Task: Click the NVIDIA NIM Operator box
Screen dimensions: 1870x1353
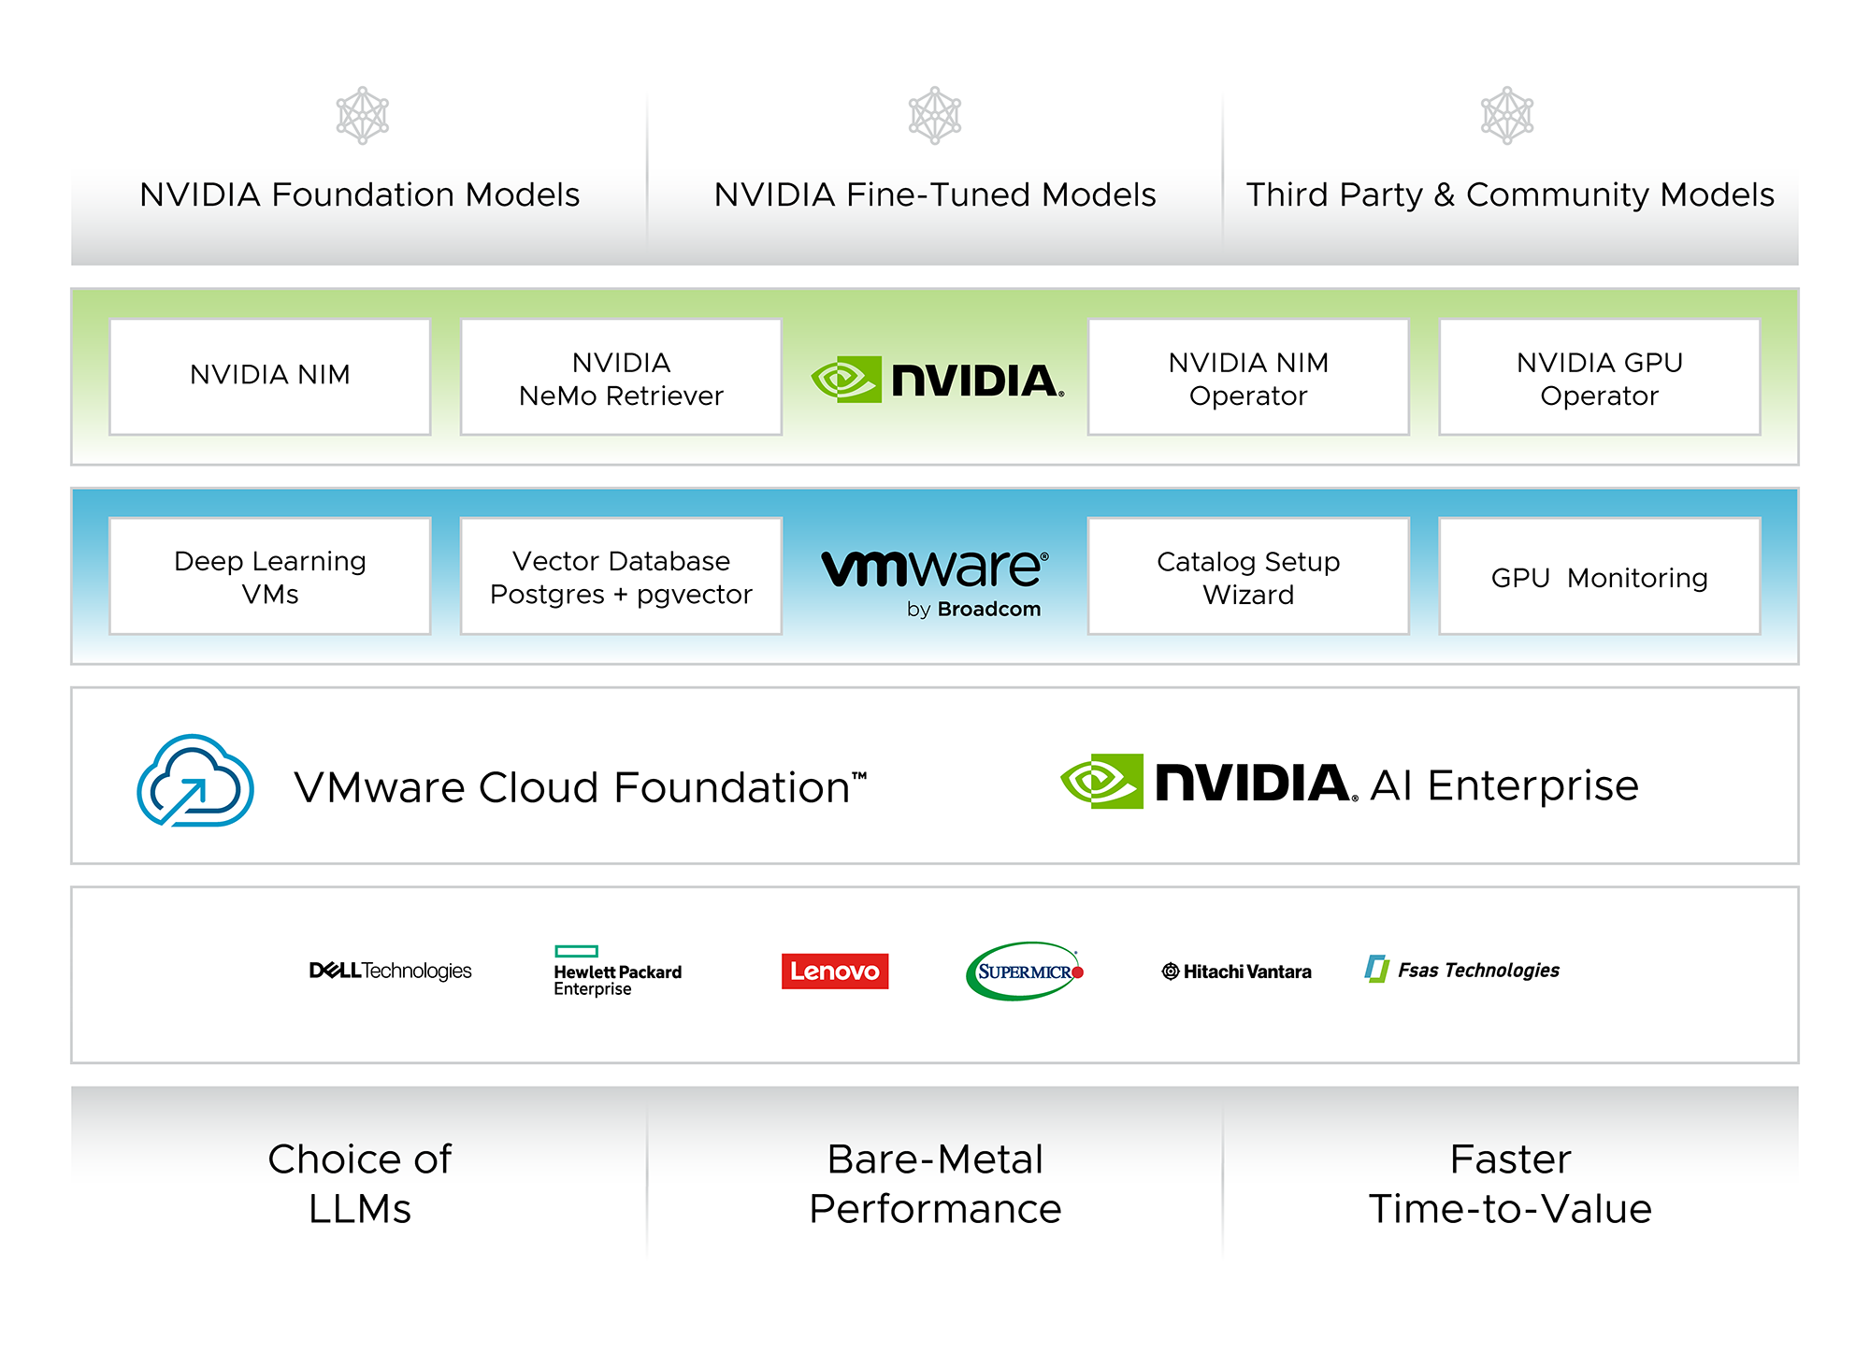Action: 1248,377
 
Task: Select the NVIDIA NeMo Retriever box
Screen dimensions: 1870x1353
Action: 621,377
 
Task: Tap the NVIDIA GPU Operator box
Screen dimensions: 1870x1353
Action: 1600,377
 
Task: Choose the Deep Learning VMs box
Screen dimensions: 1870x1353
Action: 270,576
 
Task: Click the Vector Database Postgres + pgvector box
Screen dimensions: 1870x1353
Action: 621,576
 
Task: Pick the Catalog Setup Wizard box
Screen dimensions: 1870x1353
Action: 1248,576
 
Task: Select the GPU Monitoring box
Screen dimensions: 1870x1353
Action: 1600,576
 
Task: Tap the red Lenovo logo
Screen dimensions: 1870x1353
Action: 835,971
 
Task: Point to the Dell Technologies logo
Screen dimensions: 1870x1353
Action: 390,971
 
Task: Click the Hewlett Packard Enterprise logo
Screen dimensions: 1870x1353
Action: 617,972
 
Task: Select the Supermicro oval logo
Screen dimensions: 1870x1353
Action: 1025,972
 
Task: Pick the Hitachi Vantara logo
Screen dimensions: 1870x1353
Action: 1236,972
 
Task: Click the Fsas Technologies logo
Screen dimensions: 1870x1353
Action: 1462,970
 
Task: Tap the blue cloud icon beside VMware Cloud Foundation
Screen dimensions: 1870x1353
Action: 195,781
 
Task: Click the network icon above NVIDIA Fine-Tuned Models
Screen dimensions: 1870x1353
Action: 935,116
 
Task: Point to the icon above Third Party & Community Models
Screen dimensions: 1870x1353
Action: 1507,116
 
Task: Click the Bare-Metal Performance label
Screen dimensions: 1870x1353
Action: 935,1184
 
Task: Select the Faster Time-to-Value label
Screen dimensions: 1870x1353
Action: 1510,1184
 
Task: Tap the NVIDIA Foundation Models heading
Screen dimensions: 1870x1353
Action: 360,194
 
